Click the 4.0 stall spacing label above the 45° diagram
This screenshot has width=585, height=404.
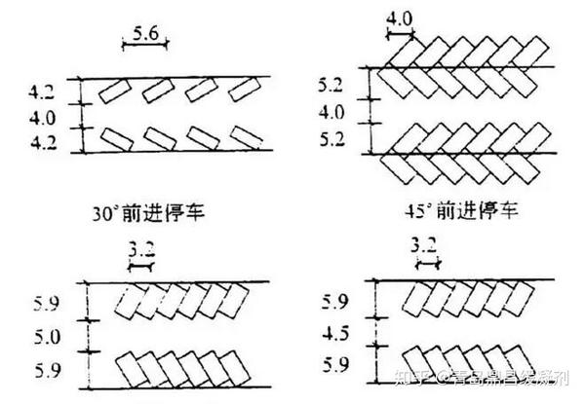401,18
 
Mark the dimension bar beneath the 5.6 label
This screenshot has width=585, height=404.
145,44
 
